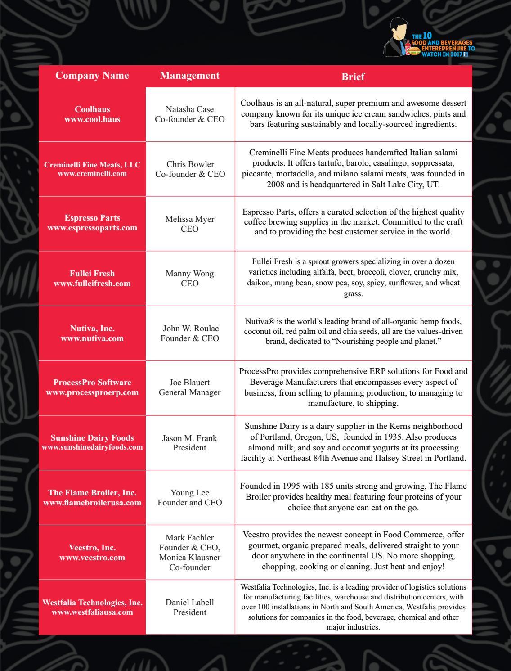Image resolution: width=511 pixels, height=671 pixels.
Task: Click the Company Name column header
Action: click(x=92, y=75)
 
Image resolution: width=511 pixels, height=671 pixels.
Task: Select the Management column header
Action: click(x=190, y=75)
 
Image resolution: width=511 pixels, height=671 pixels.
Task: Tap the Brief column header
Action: click(x=353, y=77)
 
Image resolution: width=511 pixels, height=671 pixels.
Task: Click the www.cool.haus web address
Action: click(x=92, y=119)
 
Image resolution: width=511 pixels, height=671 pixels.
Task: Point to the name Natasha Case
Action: click(x=190, y=109)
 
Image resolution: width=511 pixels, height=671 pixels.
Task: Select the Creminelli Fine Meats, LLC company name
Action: click(x=92, y=165)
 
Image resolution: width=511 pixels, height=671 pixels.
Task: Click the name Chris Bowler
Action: click(x=190, y=164)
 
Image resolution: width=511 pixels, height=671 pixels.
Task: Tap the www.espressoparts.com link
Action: click(x=92, y=228)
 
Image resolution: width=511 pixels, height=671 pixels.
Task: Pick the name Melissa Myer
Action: click(x=190, y=219)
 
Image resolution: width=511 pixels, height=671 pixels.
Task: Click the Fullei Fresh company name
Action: click(x=92, y=274)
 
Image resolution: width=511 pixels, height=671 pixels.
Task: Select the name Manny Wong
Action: click(x=190, y=274)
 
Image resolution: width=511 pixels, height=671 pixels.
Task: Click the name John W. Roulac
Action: click(x=190, y=329)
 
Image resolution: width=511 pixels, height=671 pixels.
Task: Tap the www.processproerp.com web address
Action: click(x=92, y=392)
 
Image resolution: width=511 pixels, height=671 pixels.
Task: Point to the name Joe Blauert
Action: click(x=190, y=383)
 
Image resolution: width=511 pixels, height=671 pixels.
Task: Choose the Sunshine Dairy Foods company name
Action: click(x=92, y=438)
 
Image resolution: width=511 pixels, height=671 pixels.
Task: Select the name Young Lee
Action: click(x=190, y=493)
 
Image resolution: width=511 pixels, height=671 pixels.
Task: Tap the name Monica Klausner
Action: click(x=190, y=557)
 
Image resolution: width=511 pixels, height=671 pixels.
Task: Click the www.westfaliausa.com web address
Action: click(x=92, y=612)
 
